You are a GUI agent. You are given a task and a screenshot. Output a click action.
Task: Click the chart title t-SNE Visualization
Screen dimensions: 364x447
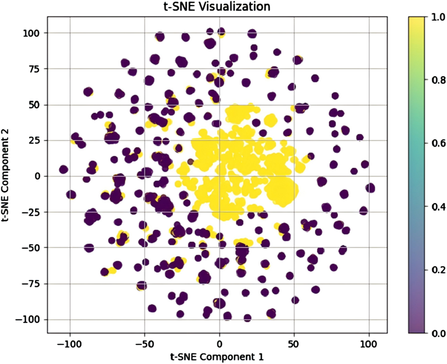[x=217, y=6]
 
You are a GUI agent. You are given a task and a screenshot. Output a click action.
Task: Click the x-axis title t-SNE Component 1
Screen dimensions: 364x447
[x=217, y=357]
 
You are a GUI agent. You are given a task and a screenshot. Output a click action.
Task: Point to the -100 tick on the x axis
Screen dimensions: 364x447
[x=70, y=344]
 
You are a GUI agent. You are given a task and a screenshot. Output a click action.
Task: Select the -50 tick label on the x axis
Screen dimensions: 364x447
[x=144, y=344]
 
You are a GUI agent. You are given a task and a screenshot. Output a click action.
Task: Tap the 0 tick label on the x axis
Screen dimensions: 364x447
[x=219, y=344]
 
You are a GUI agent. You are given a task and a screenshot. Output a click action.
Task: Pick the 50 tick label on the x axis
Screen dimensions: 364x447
[x=294, y=344]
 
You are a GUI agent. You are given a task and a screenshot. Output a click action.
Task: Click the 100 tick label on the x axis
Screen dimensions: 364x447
[x=369, y=344]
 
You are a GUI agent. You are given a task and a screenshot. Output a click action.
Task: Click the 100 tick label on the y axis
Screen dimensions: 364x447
[x=31, y=33]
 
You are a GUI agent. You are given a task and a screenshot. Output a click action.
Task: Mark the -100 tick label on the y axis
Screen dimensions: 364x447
[x=29, y=319]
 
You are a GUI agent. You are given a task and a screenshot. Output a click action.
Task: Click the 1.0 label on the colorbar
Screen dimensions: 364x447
[x=438, y=17]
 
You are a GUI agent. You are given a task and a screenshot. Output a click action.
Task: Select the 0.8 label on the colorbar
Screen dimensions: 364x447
[x=438, y=80]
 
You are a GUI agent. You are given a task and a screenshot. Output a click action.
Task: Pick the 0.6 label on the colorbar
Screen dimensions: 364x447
[x=438, y=143]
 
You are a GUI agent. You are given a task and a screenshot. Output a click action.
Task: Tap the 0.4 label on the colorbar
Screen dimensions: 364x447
[x=438, y=206]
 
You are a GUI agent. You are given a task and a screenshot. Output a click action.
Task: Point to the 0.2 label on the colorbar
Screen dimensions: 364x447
[x=438, y=270]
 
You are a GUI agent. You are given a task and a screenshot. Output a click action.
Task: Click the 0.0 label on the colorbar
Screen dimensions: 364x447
[x=438, y=333]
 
